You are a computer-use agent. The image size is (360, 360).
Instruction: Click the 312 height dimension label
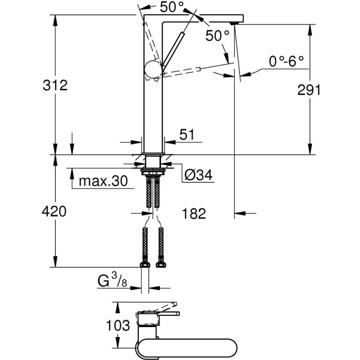tap(55, 85)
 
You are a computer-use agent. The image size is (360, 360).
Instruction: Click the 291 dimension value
tap(309, 90)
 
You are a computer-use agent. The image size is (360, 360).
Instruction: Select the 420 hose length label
tap(54, 211)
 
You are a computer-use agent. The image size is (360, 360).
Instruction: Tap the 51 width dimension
tap(187, 134)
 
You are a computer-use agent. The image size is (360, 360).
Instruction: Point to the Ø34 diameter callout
tap(199, 175)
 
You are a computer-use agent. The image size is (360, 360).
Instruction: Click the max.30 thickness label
tap(103, 181)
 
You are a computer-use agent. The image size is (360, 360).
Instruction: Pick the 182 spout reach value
tap(194, 213)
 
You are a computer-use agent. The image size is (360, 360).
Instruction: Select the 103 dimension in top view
tap(118, 325)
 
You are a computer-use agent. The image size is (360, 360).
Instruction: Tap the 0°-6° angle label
tap(286, 61)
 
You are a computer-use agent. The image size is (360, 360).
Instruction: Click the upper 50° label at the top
tap(172, 7)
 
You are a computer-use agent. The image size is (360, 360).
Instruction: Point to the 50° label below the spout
tap(217, 36)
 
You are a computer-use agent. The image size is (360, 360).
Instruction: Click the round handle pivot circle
tap(153, 70)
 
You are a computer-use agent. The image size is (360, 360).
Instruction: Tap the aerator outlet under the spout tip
tap(234, 23)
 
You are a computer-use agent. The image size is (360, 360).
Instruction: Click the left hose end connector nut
tap(145, 265)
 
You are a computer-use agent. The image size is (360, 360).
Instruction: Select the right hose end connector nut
tap(161, 265)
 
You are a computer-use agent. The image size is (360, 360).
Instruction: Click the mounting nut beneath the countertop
tap(153, 171)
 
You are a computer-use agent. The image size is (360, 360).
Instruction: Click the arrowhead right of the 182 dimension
tap(240, 213)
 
